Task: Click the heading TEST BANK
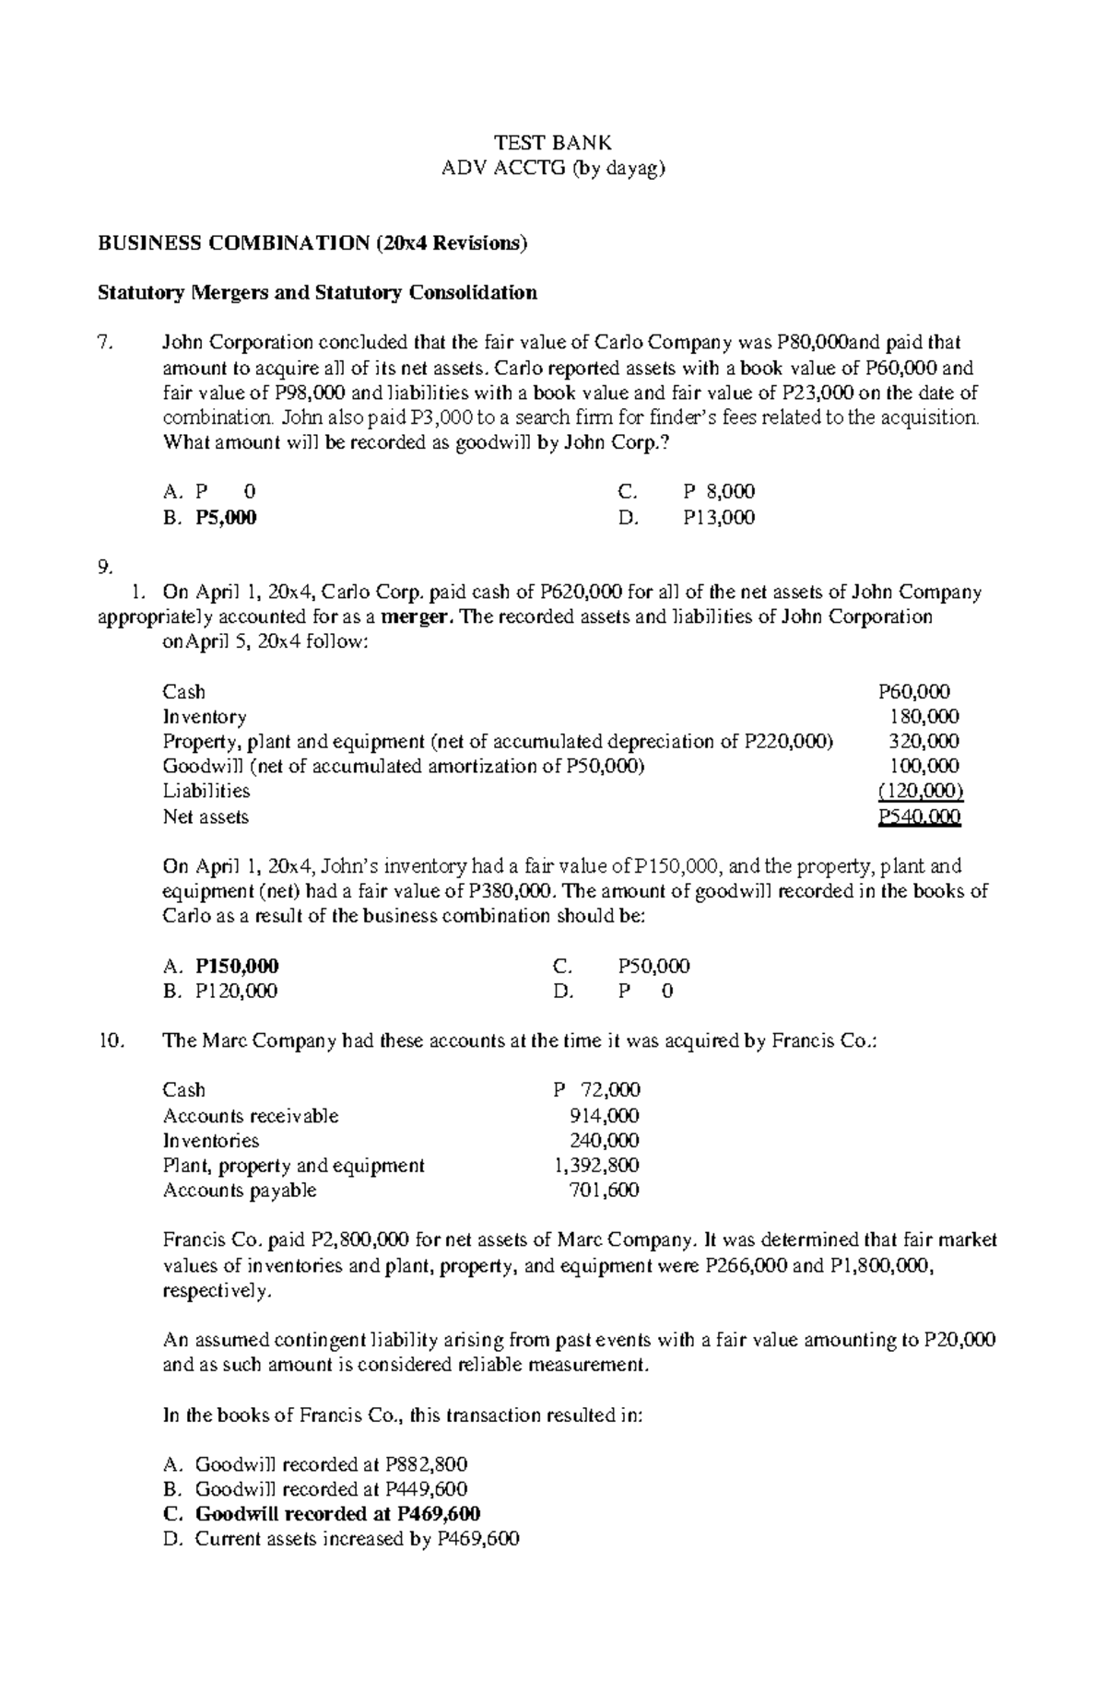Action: (553, 143)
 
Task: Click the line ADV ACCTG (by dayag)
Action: (553, 169)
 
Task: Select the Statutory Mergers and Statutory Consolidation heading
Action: (317, 293)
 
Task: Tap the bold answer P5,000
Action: (226, 518)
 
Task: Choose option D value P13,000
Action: (719, 518)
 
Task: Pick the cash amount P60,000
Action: (914, 692)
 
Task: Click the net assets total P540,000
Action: (919, 816)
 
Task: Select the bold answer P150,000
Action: (237, 966)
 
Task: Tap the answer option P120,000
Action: (236, 991)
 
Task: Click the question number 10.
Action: (109, 1040)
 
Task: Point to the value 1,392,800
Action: (596, 1166)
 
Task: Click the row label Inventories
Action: (211, 1141)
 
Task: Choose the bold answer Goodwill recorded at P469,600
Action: (337, 1514)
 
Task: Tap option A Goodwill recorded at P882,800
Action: (331, 1464)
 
